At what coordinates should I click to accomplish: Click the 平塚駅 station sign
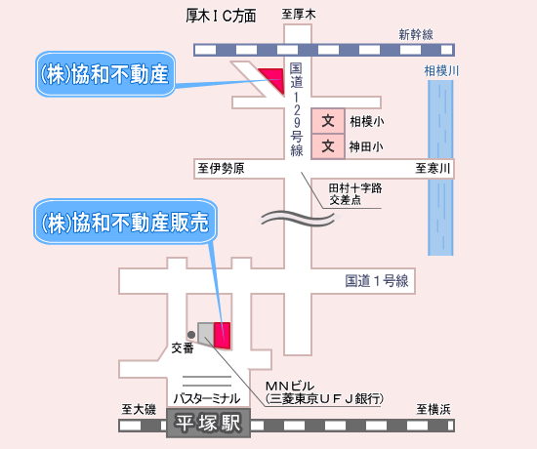[208, 423]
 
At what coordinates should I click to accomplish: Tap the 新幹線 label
[416, 34]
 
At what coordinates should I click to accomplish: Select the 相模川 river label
[441, 71]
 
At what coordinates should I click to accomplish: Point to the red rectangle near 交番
[222, 336]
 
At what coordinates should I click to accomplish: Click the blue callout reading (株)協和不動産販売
[125, 222]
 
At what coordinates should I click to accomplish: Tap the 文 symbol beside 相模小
[328, 121]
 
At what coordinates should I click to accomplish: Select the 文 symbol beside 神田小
[328, 146]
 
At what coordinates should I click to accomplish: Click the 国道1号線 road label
[377, 281]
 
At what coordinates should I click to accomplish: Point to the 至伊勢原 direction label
[221, 168]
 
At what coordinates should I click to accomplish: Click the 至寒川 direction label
[433, 168]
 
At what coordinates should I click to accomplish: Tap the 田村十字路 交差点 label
[355, 194]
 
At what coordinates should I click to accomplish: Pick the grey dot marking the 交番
[191, 335]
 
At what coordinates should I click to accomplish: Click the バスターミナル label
[207, 398]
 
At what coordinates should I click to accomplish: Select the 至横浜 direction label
[434, 409]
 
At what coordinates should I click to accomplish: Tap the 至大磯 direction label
[139, 409]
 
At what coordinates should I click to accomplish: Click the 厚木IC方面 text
[221, 16]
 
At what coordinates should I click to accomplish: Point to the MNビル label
[290, 387]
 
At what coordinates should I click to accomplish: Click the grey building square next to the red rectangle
[205, 333]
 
